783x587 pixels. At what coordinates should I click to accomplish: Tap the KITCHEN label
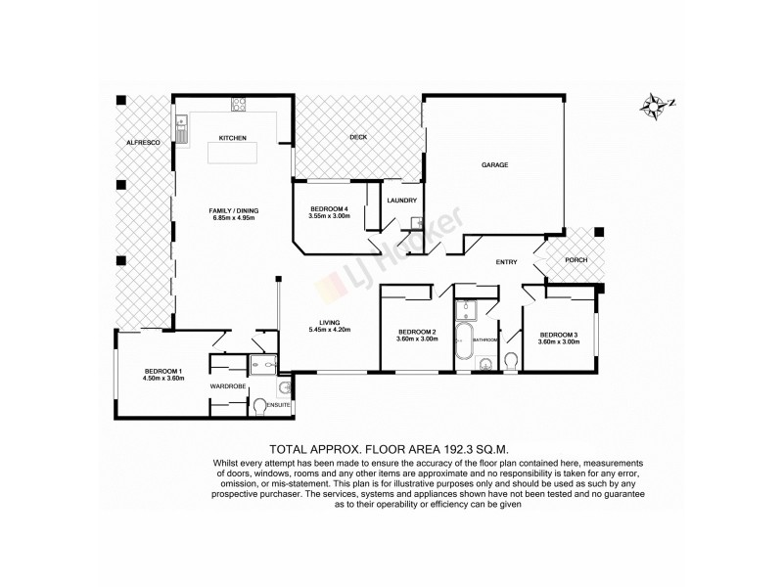[x=232, y=137]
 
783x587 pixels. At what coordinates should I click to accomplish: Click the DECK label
[x=358, y=137]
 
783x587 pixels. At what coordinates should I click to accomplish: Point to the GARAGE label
[x=494, y=164]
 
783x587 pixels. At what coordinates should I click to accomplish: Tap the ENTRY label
[x=506, y=261]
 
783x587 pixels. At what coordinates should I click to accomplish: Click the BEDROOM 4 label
[x=329, y=209]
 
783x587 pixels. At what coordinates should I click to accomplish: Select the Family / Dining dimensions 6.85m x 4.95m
[x=233, y=217]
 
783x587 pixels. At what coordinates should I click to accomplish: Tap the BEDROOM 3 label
[x=559, y=336]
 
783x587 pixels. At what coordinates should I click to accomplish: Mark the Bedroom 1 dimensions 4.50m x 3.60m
[x=163, y=379]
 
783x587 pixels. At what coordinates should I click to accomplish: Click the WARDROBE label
[x=227, y=386]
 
